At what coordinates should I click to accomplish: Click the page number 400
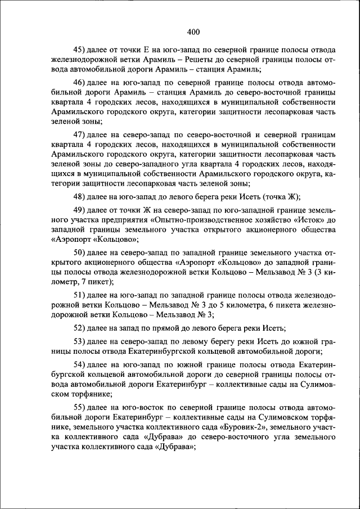point(193,31)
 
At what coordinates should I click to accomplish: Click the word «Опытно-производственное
point(179,220)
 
